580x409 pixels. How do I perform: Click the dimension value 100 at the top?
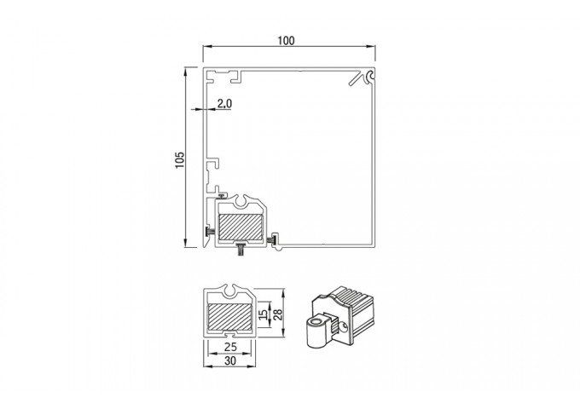tap(287, 40)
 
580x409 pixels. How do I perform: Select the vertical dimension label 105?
tap(179, 159)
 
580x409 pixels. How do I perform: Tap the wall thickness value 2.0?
tap(224, 103)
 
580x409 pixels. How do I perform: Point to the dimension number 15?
tap(263, 314)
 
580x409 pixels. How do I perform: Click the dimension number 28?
tap(278, 314)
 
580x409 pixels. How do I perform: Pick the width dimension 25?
tap(230, 347)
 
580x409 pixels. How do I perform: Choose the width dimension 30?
tap(230, 360)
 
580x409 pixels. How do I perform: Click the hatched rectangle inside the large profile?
tap(241, 227)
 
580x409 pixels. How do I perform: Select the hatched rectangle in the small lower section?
tap(229, 317)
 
